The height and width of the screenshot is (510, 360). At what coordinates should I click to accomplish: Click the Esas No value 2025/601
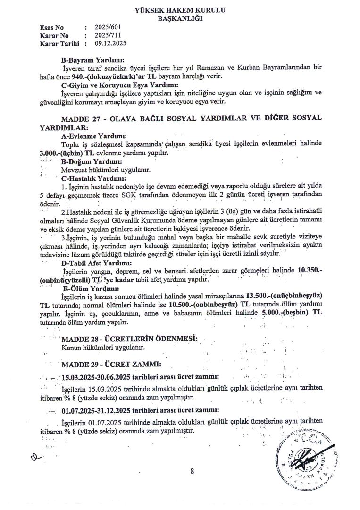(108, 27)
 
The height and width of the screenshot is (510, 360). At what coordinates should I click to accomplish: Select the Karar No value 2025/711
(108, 35)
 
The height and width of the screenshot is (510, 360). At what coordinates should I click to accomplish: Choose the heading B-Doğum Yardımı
(89, 161)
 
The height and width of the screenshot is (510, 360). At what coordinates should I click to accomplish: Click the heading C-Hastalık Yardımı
(93, 178)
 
